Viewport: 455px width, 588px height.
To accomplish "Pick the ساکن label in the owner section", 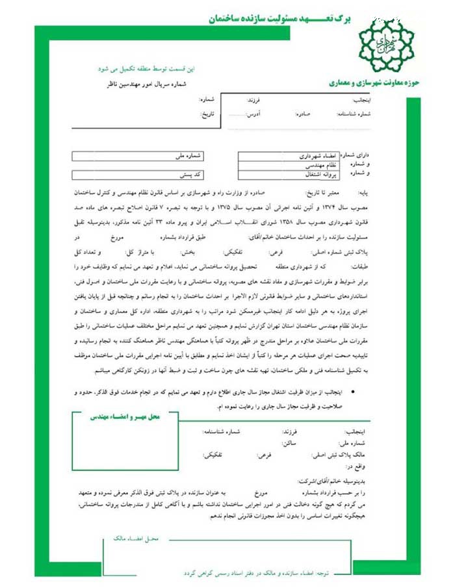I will (x=289, y=442).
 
